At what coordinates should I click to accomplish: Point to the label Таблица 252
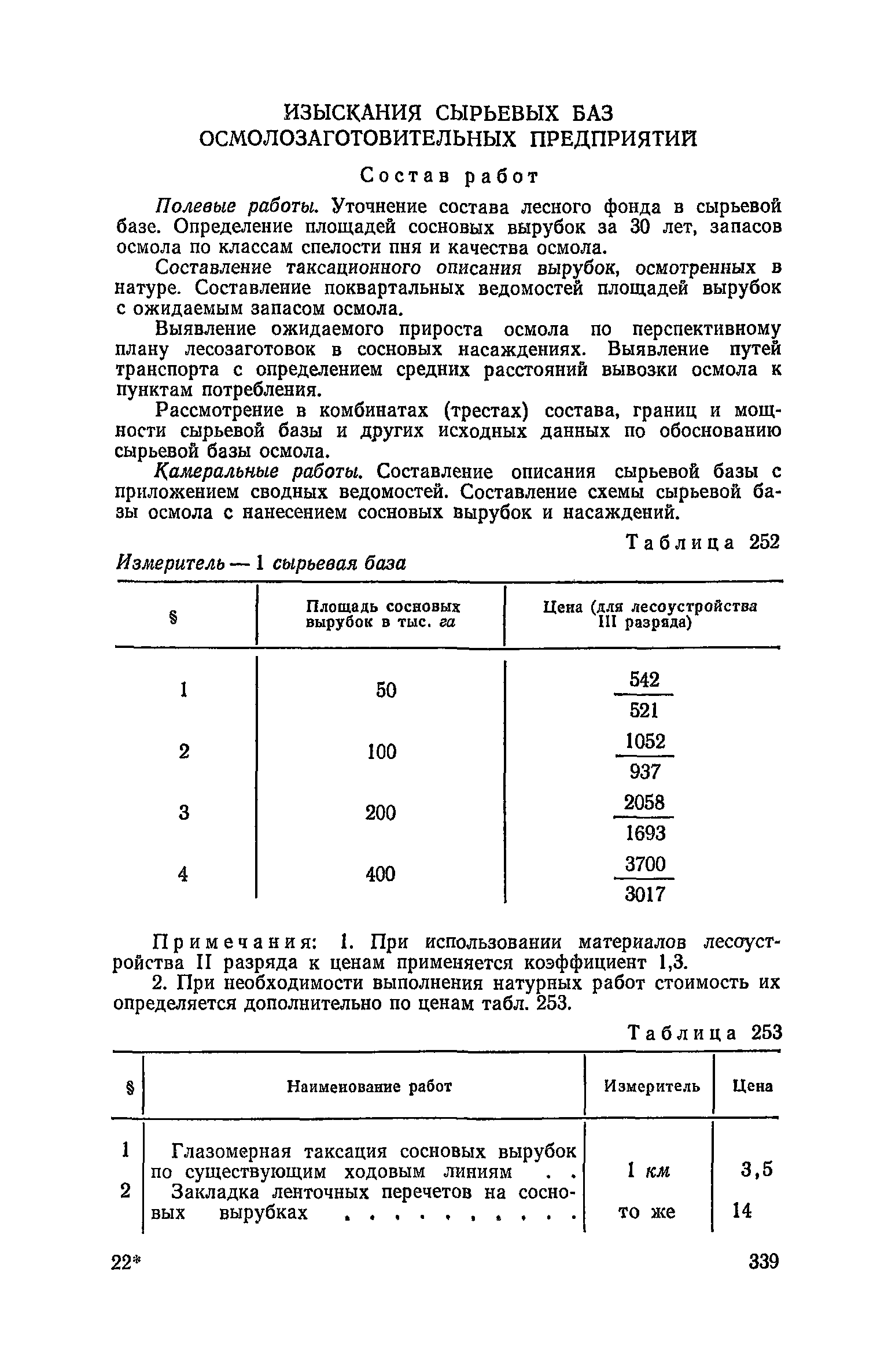pos(703,542)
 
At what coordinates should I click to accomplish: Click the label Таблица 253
pos(704,1032)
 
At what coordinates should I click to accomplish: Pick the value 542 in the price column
pos(644,680)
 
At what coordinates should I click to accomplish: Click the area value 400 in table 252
pos(381,874)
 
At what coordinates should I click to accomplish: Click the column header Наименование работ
pos(369,1087)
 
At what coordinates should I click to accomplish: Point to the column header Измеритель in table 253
pos(651,1087)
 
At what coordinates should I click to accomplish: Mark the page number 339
pos(763,1277)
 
